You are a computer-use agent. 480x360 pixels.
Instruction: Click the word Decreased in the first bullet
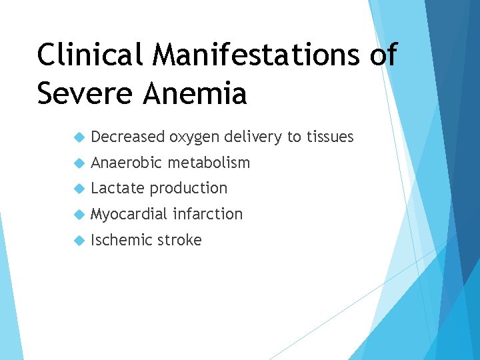pos(127,137)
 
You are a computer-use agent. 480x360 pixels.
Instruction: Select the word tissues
pos(330,137)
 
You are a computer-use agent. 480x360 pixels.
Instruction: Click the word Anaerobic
pos(127,163)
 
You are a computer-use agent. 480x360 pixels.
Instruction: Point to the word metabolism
pos(209,163)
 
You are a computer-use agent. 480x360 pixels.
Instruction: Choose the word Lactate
pos(117,188)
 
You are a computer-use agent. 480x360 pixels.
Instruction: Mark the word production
pos(189,189)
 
